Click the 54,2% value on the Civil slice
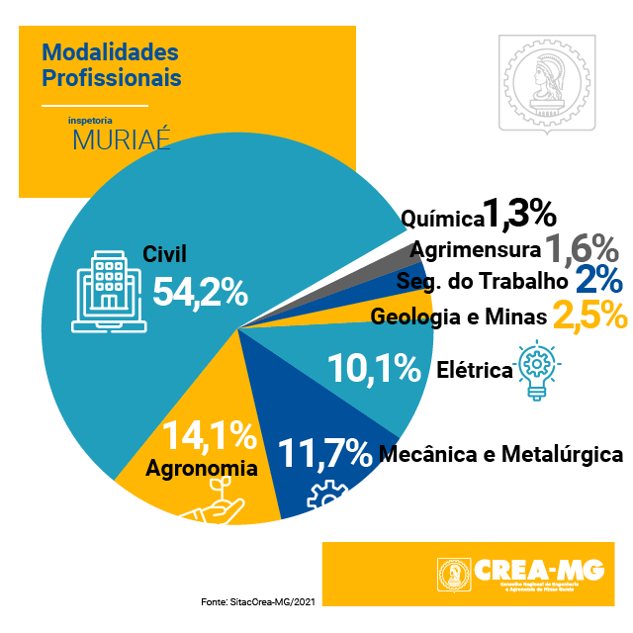click(200, 292)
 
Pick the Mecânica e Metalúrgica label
click(501, 455)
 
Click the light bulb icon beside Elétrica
click(536, 370)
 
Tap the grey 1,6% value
click(582, 247)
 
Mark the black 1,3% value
click(519, 215)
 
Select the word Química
click(441, 217)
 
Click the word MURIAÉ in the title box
click(122, 138)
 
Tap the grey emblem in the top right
click(546, 84)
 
